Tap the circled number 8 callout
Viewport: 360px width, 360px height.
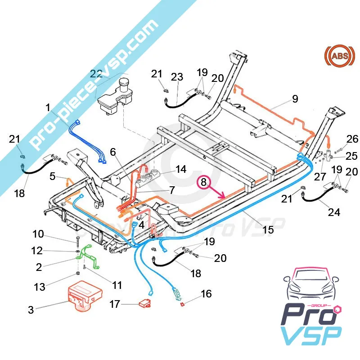tap(203, 182)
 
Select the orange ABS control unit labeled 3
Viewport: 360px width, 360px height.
tap(84, 297)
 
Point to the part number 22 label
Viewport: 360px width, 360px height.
tap(96, 74)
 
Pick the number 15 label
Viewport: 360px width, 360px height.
tap(268, 229)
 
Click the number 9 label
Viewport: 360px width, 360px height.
tap(295, 99)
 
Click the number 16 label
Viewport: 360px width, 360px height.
tap(206, 294)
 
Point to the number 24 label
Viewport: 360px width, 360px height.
tap(334, 211)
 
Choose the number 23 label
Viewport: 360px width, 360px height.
tap(177, 77)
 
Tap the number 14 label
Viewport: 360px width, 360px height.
tap(181, 169)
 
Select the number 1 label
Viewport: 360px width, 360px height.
tap(48, 108)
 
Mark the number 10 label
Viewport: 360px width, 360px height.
tap(38, 234)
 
